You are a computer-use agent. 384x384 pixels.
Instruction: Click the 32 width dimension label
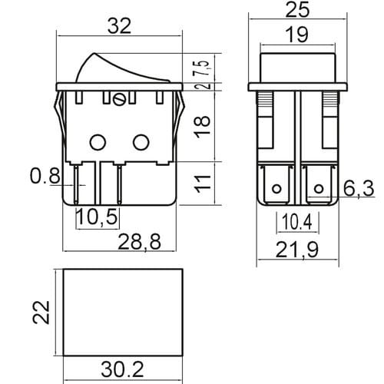[119, 26]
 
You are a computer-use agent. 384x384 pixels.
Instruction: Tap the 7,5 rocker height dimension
[202, 68]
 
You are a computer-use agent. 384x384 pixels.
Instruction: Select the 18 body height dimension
[204, 127]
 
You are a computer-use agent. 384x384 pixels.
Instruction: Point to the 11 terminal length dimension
[204, 184]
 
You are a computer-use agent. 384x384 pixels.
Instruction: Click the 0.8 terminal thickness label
[45, 176]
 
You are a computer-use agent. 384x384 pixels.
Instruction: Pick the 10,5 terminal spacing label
[98, 217]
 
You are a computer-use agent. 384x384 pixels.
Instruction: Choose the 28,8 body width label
[140, 241]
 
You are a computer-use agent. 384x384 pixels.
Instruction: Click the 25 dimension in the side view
[297, 10]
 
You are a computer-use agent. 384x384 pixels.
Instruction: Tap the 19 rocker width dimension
[297, 35]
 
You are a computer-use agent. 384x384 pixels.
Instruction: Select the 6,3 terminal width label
[359, 188]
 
